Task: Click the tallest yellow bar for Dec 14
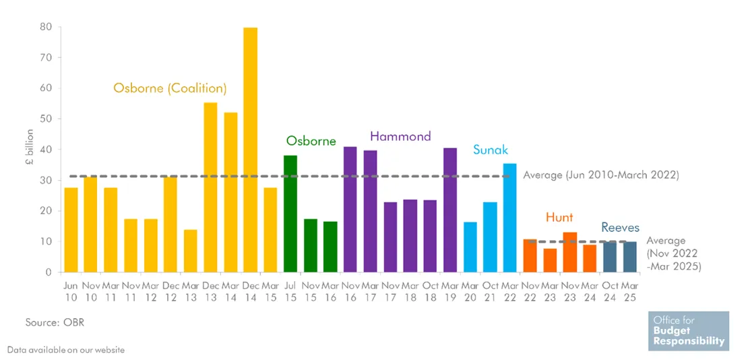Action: [250, 150]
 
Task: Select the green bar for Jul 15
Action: [290, 214]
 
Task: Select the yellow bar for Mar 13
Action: [191, 251]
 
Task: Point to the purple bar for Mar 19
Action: [449, 210]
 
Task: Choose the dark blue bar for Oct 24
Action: [609, 257]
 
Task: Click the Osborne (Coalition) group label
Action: [170, 88]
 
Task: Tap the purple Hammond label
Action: [400, 137]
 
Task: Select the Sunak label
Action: [491, 150]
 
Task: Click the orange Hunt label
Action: [559, 217]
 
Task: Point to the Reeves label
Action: [620, 228]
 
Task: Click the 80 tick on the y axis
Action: [46, 27]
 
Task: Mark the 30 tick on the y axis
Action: [46, 180]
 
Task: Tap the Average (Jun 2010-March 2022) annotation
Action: [600, 175]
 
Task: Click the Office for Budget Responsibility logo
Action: [689, 331]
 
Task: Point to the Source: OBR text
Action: [55, 323]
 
